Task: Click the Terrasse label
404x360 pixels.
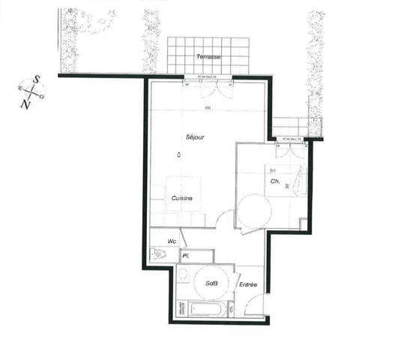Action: pos(208,57)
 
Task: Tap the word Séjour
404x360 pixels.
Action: pos(196,137)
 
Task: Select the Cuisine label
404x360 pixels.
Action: pos(182,198)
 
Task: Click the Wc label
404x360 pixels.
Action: pos(172,241)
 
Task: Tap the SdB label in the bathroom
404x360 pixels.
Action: pos(211,283)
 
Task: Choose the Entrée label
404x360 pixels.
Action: pos(248,284)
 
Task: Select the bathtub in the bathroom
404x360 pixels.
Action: pos(208,307)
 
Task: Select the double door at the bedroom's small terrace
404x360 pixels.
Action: pos(291,148)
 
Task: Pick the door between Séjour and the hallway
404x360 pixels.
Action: pos(223,219)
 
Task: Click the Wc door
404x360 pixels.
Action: pos(182,238)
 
